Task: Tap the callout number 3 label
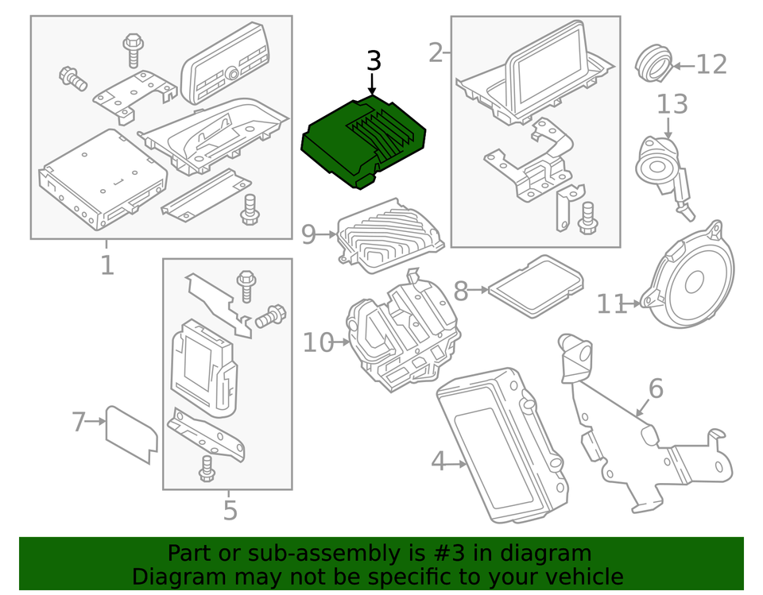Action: click(x=374, y=61)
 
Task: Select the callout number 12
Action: click(x=711, y=64)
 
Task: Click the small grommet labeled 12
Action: click(x=653, y=64)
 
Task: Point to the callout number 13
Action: click(x=672, y=103)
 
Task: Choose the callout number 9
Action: click(x=309, y=234)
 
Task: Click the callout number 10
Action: click(x=318, y=343)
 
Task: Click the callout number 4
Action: click(x=439, y=461)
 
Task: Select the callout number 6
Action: click(x=655, y=388)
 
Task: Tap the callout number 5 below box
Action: click(x=230, y=510)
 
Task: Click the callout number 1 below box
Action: click(x=107, y=265)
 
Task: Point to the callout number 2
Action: click(x=436, y=53)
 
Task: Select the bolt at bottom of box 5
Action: click(x=207, y=469)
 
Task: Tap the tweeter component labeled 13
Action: click(x=660, y=167)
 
